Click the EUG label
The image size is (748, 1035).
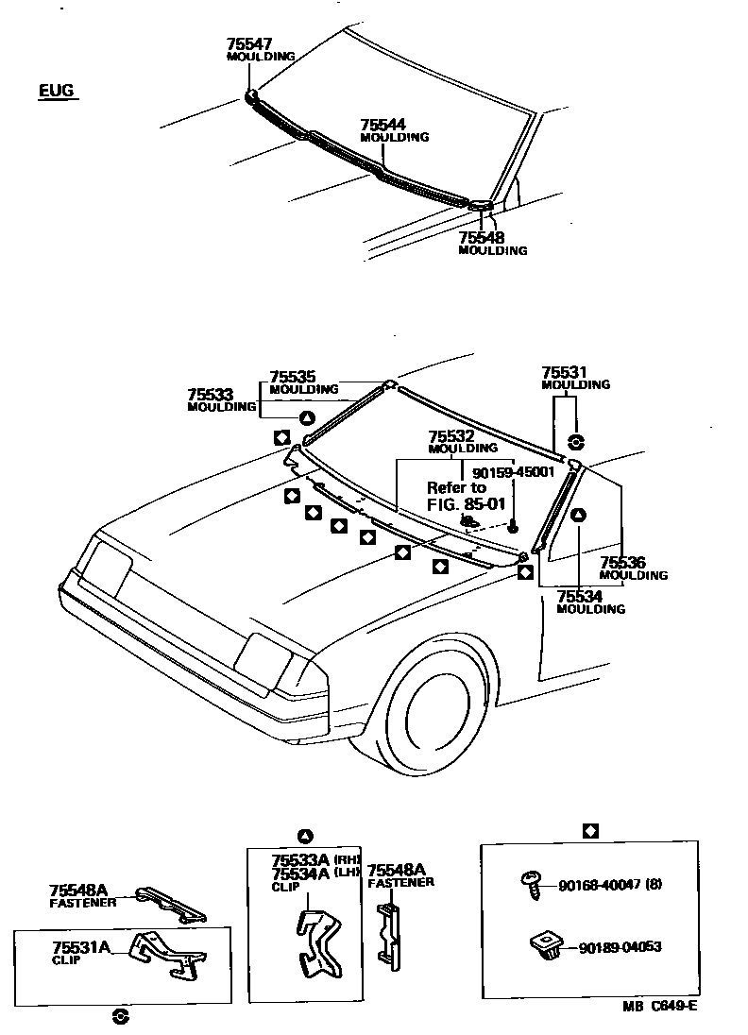(56, 91)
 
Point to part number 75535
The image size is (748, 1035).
(290, 377)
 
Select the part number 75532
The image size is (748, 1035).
(449, 436)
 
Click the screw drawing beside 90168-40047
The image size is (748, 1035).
(532, 883)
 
